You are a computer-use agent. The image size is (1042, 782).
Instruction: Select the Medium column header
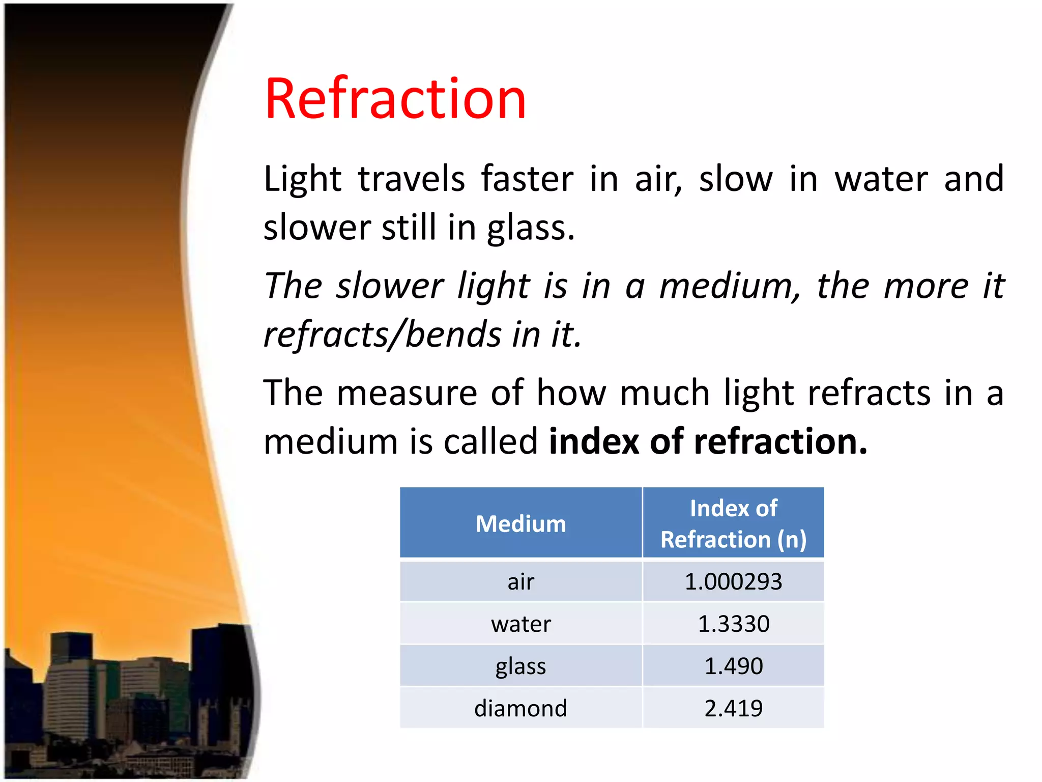pos(520,523)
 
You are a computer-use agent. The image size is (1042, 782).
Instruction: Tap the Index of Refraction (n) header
pos(733,523)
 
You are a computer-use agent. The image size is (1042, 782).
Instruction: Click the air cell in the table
pos(520,581)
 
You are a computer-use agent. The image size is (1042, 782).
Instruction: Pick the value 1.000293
pos(733,581)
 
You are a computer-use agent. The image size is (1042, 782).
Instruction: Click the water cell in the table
pos(520,624)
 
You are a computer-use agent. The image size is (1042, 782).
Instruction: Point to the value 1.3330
pos(733,624)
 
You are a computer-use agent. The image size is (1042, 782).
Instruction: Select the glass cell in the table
pos(520,666)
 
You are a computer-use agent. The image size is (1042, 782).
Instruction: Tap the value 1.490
pos(733,666)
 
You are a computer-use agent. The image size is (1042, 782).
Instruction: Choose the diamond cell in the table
pos(520,708)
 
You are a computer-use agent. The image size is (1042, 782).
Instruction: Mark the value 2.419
pos(733,708)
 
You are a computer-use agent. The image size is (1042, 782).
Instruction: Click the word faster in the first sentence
pos(527,179)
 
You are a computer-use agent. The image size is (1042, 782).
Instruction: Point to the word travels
pos(411,179)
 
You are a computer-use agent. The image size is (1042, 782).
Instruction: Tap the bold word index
pos(593,441)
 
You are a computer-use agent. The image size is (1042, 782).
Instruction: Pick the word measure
pos(407,393)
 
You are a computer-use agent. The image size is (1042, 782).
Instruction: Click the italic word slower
pos(390,286)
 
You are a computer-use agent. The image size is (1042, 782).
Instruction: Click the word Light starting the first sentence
pos(302,179)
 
